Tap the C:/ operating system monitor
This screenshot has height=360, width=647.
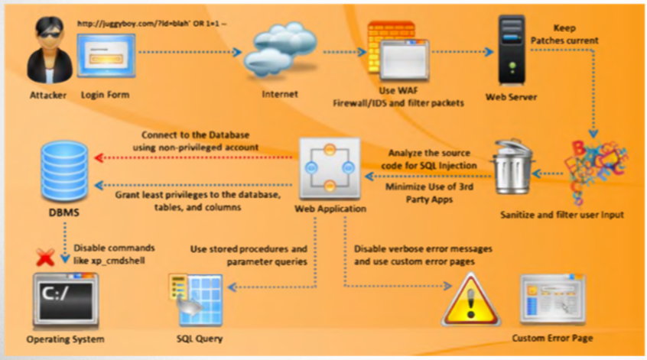(x=65, y=300)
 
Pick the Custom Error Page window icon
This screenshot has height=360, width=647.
(x=552, y=300)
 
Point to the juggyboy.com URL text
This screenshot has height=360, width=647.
(x=152, y=24)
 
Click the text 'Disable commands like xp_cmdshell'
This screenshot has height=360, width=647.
(x=114, y=253)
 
